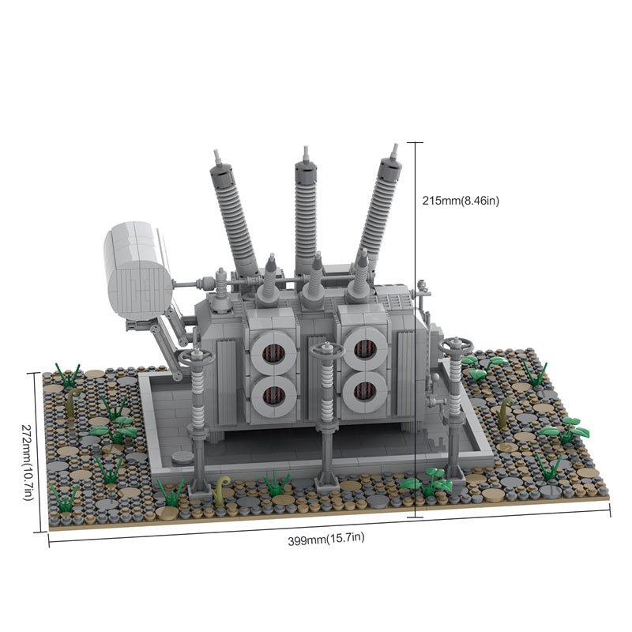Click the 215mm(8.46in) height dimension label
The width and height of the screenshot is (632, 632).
(x=461, y=201)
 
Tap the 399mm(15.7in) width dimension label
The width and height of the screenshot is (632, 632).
(x=326, y=539)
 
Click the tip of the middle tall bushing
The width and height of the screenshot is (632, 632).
(x=306, y=148)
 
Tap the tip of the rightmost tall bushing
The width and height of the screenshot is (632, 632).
(x=396, y=145)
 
